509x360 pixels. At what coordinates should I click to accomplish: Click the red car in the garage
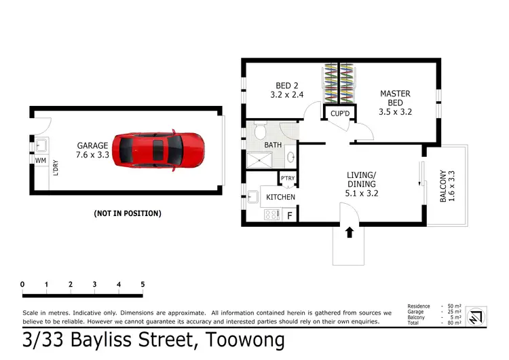[158, 149]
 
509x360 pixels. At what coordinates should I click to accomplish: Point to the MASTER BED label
[395, 98]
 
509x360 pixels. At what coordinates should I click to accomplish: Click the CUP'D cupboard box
[339, 113]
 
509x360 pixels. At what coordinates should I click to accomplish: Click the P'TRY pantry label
[288, 179]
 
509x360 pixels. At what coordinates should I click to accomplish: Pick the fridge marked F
[290, 215]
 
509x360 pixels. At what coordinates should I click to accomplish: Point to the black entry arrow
[350, 233]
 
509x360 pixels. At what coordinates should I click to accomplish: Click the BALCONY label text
[443, 185]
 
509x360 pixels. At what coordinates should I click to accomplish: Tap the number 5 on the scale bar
[143, 284]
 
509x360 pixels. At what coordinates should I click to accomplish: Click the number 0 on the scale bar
[22, 284]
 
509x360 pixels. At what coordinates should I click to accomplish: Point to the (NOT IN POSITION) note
[127, 213]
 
